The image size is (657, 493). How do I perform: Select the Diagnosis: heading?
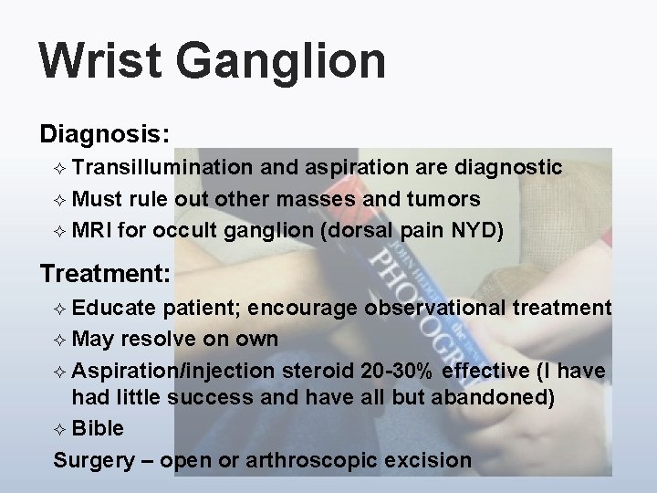tap(104, 134)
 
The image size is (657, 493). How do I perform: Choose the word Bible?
tap(98, 428)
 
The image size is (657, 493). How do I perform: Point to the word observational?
tap(433, 308)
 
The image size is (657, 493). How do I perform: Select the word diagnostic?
tap(509, 167)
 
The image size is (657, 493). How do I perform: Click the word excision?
tap(428, 459)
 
